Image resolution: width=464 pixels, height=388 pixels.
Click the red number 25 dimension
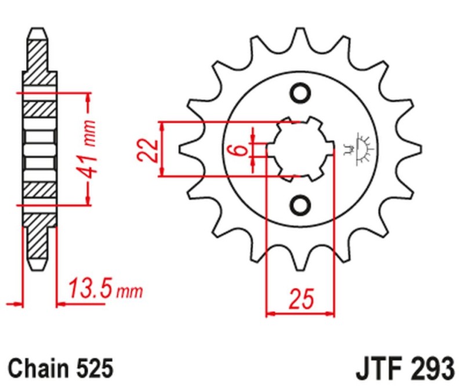(x=300, y=300)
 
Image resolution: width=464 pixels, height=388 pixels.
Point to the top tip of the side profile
(x=40, y=30)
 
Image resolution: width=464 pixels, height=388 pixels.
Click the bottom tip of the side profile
(x=40, y=268)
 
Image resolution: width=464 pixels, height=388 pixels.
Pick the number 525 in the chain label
(x=92, y=368)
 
